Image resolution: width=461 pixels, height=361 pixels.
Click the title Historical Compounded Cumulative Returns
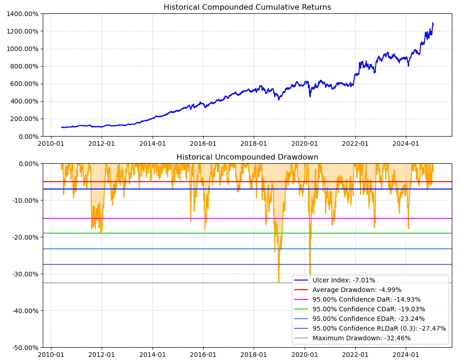pos(247,7)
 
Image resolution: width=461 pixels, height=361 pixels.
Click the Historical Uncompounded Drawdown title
pos(247,157)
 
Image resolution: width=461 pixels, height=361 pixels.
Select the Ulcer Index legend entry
pos(344,280)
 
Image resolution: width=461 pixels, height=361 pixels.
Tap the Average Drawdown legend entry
pos(357,290)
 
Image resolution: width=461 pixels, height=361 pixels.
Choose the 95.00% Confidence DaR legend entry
pos(366,299)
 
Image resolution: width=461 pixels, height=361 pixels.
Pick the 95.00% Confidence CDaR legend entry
pos(369,309)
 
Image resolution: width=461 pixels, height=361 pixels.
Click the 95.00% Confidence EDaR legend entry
pos(369,319)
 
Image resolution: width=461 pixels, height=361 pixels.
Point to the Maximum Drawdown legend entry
pos(361,338)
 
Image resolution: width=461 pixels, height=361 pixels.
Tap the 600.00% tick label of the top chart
pos(24,84)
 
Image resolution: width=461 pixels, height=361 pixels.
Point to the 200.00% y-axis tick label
pos(24,119)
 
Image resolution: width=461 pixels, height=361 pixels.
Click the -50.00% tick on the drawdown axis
pos(23,347)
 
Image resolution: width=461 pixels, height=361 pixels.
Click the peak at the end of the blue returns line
pos(433,23)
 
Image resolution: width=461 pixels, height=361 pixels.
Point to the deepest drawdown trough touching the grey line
pos(279,282)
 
